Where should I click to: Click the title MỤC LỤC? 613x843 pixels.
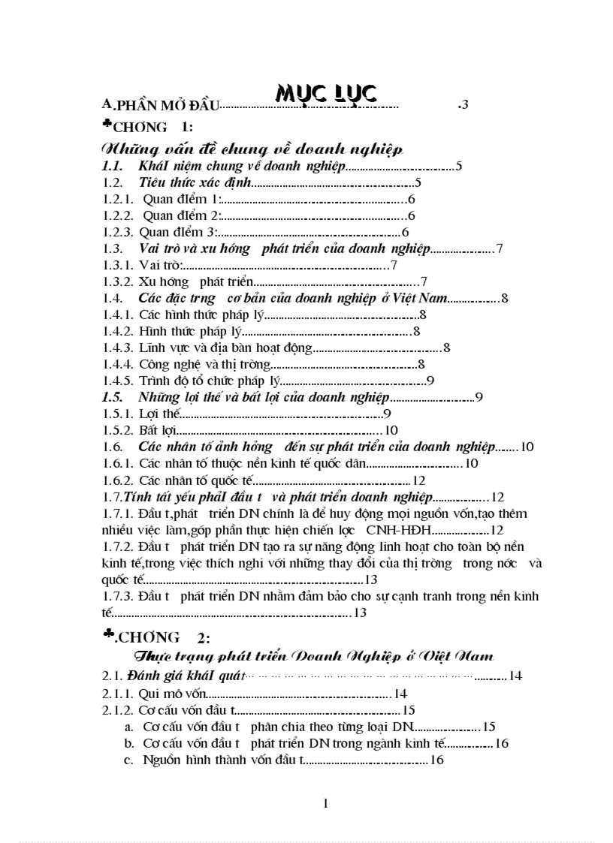tap(325, 93)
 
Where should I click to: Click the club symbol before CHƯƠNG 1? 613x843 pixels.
tap(107, 124)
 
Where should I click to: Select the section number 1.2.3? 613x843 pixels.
tap(118, 232)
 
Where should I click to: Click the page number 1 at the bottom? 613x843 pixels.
tap(325, 804)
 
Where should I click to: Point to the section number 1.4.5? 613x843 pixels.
tap(118, 381)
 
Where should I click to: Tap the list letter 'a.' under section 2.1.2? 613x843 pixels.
tap(130, 727)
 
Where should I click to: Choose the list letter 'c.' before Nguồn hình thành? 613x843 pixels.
tap(130, 760)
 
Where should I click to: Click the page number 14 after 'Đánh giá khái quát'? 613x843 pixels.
tap(515, 676)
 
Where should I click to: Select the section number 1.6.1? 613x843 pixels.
tap(118, 463)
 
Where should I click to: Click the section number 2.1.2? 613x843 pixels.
tap(118, 710)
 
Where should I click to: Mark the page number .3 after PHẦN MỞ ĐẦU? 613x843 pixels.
tap(464, 105)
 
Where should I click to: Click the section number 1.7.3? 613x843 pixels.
tap(118, 596)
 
